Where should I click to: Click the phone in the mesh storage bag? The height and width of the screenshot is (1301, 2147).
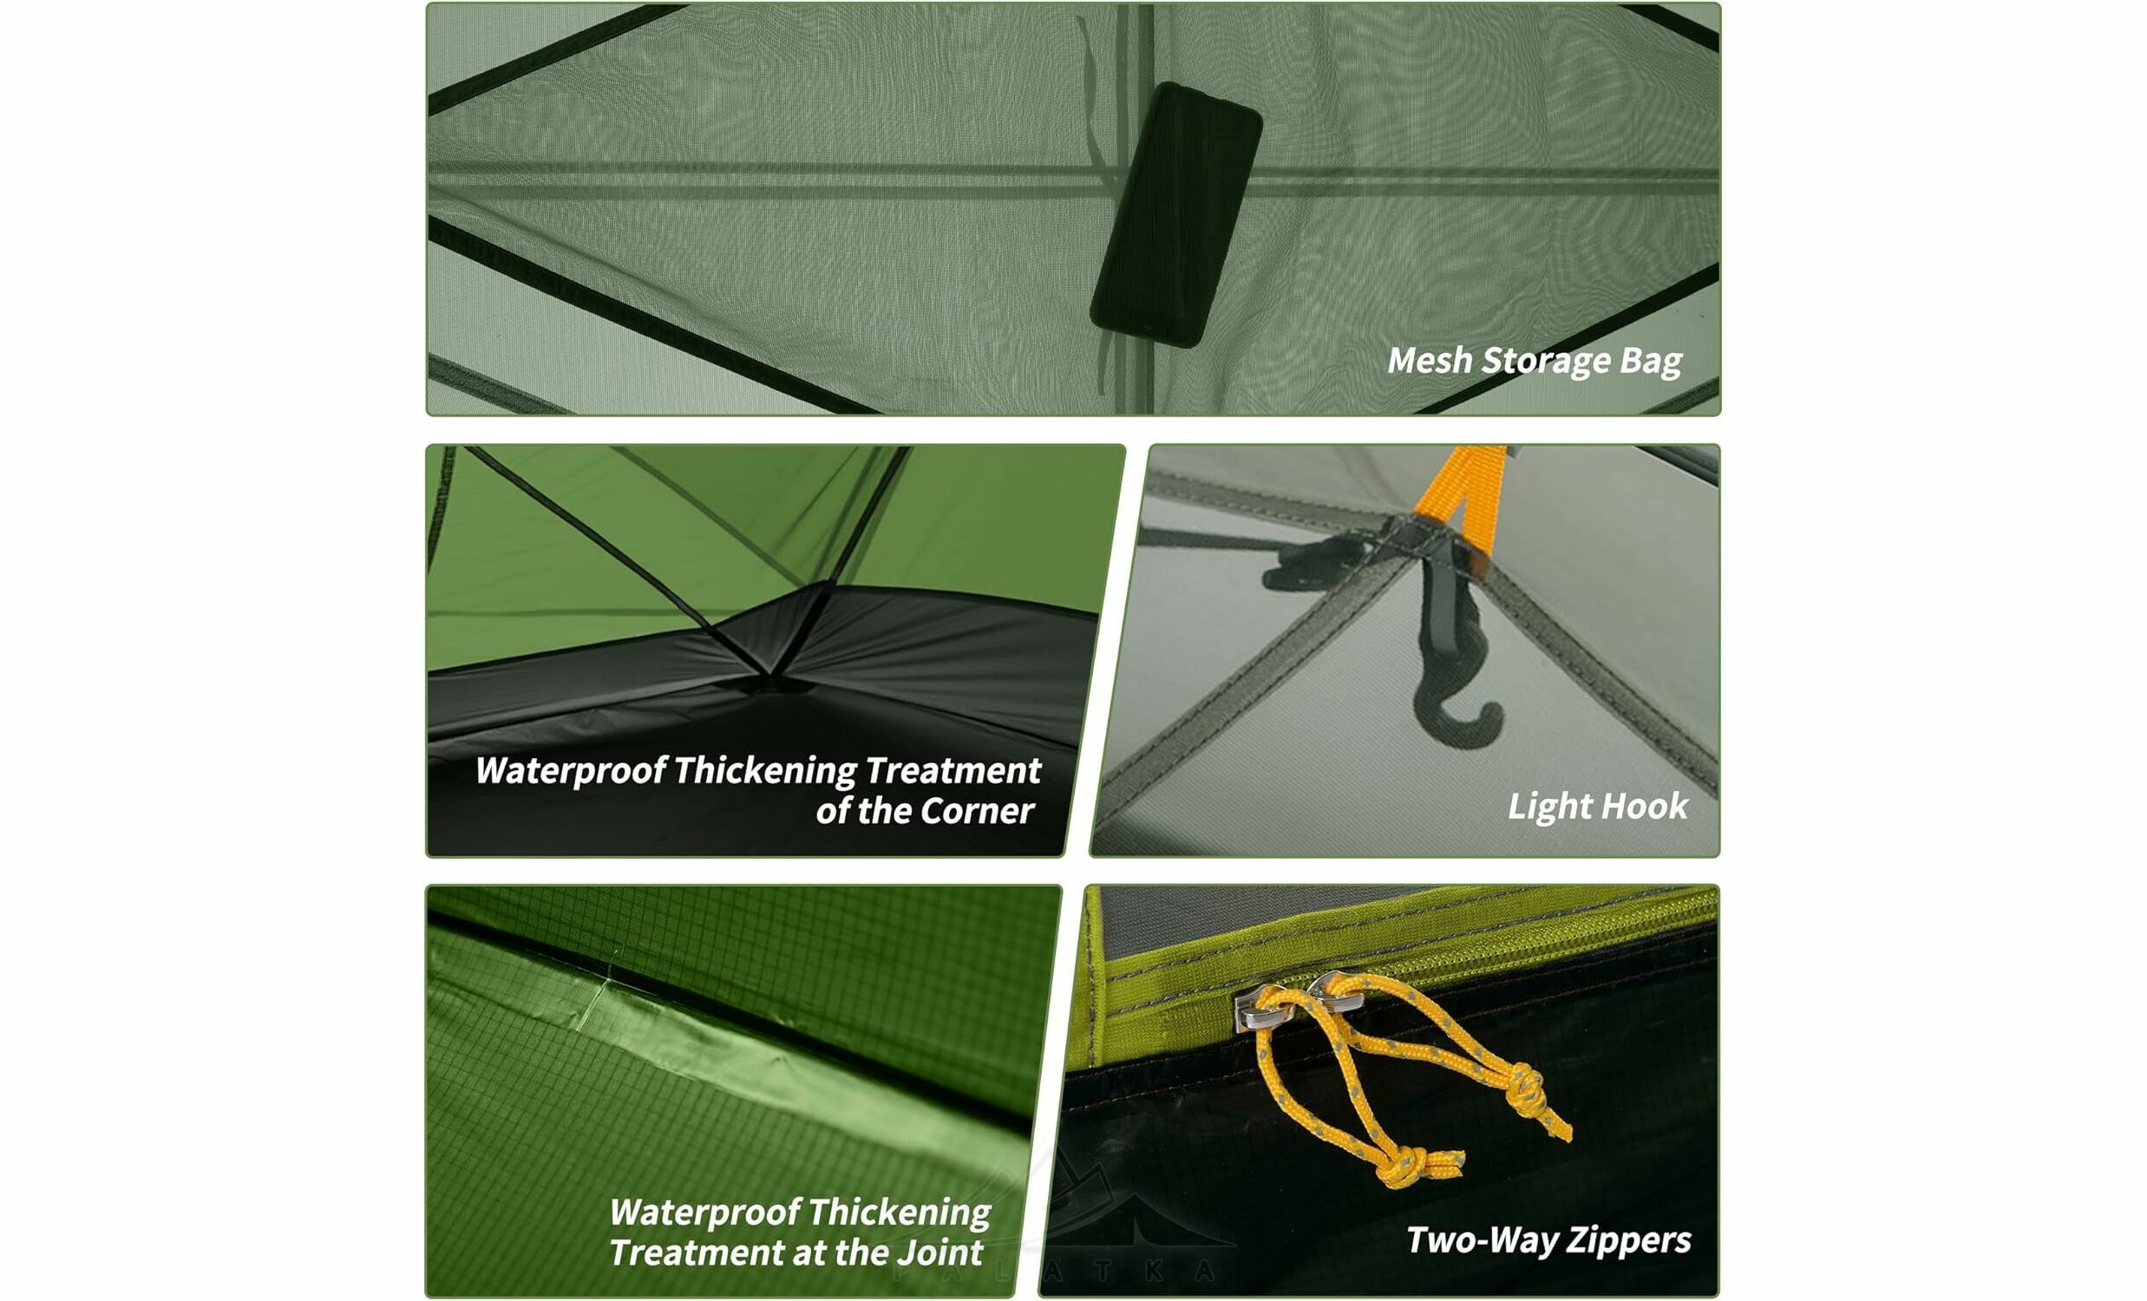1175,214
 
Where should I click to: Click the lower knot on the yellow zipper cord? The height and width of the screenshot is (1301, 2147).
1404,1164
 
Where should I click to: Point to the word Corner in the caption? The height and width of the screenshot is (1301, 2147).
977,811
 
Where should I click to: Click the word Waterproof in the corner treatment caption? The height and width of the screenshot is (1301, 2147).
571,771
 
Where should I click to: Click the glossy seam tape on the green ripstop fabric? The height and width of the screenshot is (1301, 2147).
741,1046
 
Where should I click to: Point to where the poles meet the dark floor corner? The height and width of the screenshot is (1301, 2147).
770,672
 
